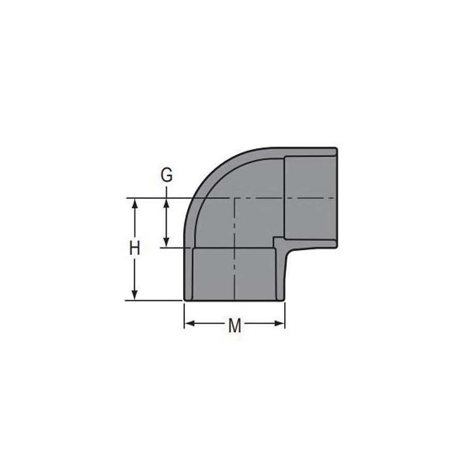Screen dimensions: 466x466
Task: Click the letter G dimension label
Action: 166,176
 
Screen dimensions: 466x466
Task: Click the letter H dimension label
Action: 135,248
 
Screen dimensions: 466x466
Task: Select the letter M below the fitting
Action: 235,326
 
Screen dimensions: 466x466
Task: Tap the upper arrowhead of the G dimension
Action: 166,203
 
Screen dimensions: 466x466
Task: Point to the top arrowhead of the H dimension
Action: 135,203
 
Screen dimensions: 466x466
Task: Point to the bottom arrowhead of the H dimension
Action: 135,295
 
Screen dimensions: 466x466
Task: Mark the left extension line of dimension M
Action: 184,316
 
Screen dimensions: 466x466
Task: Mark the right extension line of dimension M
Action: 285,316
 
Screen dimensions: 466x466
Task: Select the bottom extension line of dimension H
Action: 155,300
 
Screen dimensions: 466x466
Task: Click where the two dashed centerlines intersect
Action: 235,198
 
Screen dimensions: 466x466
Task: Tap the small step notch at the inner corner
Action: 279,242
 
